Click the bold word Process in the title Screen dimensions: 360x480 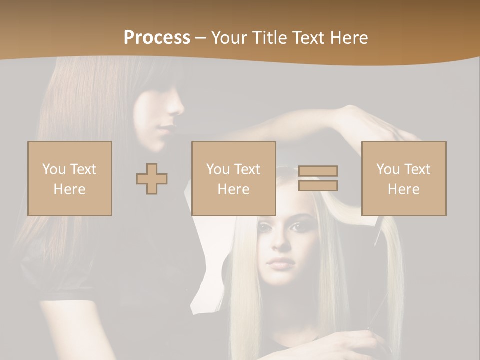[x=157, y=38]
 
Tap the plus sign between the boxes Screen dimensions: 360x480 [x=152, y=178]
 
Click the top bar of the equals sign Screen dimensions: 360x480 [x=318, y=171]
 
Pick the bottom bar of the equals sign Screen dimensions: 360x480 [x=318, y=185]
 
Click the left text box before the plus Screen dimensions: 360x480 [x=70, y=178]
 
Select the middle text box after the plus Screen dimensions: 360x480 [x=234, y=178]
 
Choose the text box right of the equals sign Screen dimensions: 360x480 [x=404, y=178]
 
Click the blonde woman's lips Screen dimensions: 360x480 [x=281, y=263]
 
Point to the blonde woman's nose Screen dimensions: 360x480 [x=282, y=245]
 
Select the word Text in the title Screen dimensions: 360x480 [x=307, y=38]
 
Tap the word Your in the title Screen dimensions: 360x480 [x=229, y=38]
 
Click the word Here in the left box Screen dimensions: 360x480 [x=70, y=189]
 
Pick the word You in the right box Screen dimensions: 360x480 [x=388, y=169]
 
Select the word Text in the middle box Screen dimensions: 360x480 [x=247, y=169]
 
